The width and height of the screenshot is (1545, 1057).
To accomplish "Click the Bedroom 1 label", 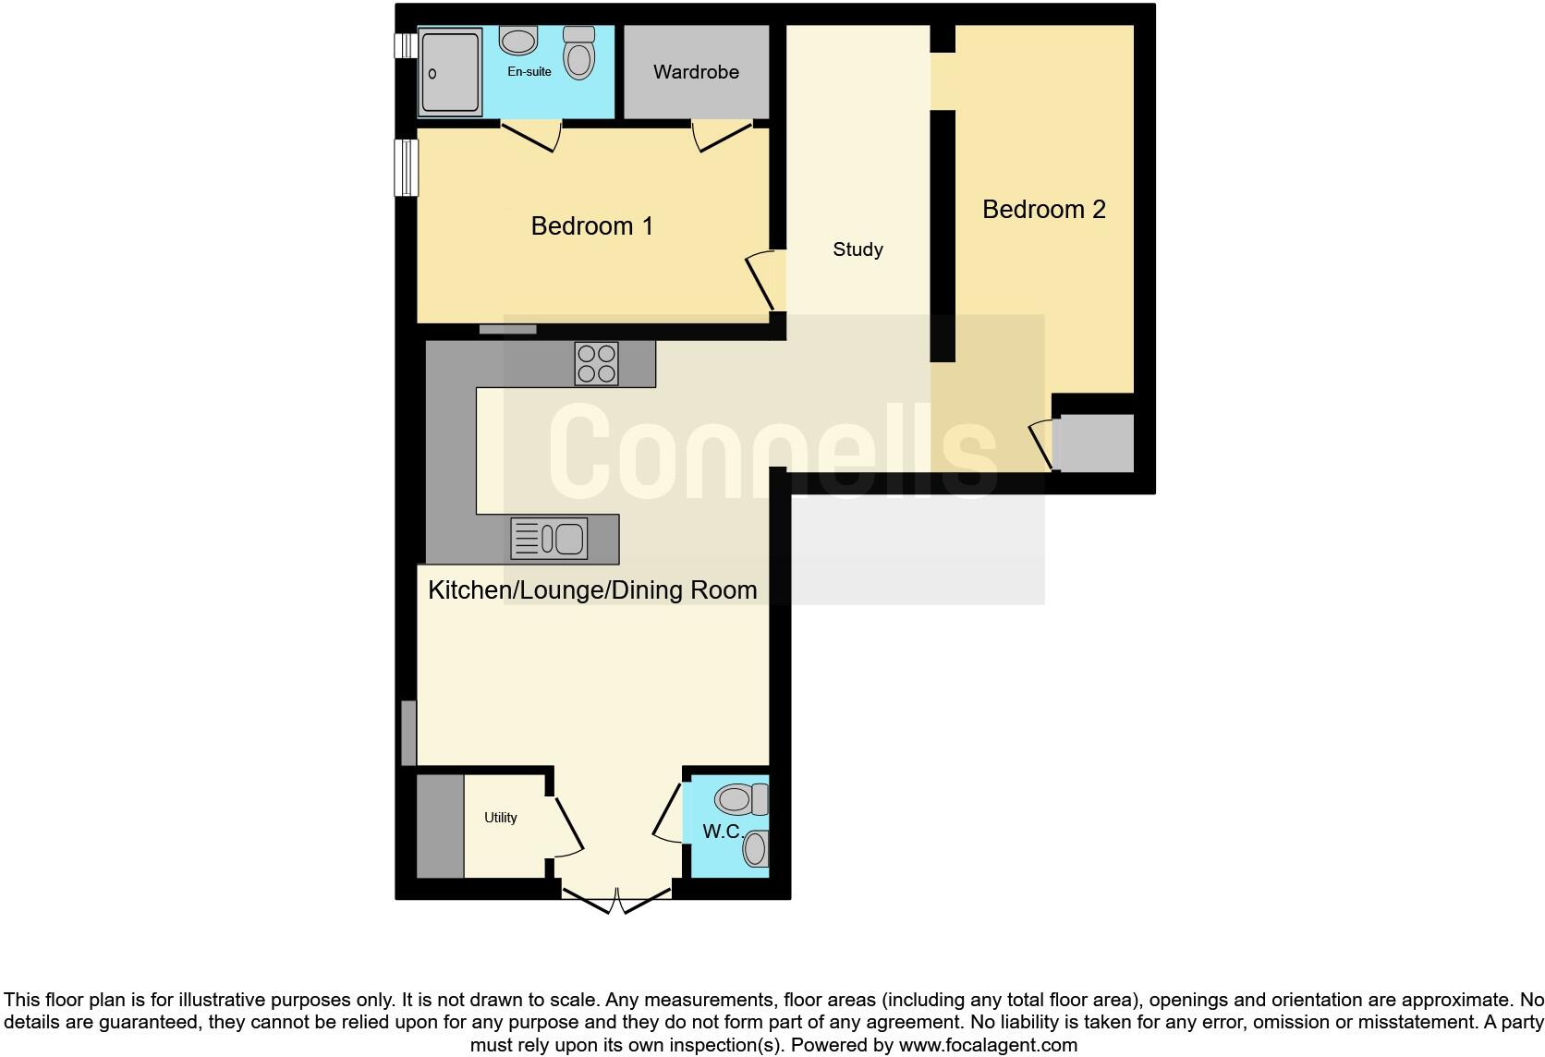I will point(591,226).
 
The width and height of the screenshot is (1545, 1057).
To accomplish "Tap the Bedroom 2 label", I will point(1043,210).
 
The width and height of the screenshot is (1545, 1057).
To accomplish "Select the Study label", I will point(858,249).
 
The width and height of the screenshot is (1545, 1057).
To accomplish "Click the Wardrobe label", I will point(696,72).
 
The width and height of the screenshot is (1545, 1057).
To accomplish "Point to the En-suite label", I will point(529,72).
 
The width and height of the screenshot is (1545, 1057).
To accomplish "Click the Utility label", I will point(501,818).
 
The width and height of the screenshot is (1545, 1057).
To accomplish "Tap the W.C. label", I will point(722,832).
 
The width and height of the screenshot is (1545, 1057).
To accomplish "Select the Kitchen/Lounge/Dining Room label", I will point(592,590).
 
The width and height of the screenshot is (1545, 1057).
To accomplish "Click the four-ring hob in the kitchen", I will point(596,363).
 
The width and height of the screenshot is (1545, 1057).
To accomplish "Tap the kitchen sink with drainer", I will point(549,540).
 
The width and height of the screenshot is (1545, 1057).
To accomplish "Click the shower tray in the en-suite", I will point(450,72).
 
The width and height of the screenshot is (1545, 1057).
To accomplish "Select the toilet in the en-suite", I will point(579,53).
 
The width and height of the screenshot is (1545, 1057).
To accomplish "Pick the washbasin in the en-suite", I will point(518,41).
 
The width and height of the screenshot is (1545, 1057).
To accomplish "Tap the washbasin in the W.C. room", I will point(756,848).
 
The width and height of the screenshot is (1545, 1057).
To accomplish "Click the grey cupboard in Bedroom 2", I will point(1095,443).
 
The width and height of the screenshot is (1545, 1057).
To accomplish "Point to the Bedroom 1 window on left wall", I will point(406,167).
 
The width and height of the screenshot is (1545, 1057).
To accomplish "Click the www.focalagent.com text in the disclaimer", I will point(987,1046).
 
